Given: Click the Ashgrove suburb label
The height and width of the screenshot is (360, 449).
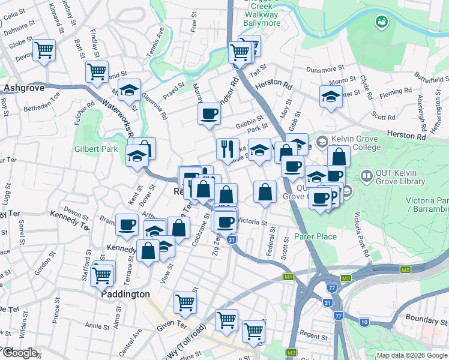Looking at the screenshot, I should coord(20,88).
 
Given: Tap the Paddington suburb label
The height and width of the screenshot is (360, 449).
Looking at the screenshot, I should coord(125,295).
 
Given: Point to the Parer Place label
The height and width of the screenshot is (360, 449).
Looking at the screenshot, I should coord(315,236).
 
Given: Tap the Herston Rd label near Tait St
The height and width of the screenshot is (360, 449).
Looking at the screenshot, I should coord(273,85).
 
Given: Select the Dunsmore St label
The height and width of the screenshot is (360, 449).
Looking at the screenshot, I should coord(324,70).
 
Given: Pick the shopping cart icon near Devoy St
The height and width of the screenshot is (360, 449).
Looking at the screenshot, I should coord(44,50).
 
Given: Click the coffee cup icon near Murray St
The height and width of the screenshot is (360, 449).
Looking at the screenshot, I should coord(209,113).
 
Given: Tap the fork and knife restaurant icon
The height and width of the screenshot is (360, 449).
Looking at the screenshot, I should coord(228,148).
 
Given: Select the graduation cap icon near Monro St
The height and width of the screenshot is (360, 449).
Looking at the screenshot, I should coord(331,97).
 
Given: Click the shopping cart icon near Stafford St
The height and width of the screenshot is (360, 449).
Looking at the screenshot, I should coord(102,275).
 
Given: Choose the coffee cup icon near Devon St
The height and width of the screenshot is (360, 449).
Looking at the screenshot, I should coord(127,224).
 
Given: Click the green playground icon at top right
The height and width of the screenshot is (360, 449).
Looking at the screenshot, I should coord(381,22).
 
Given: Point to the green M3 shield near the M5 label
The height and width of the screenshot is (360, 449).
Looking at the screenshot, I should coord(346,278).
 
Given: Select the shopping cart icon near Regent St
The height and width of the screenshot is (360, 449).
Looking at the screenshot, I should coord(254,330).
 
